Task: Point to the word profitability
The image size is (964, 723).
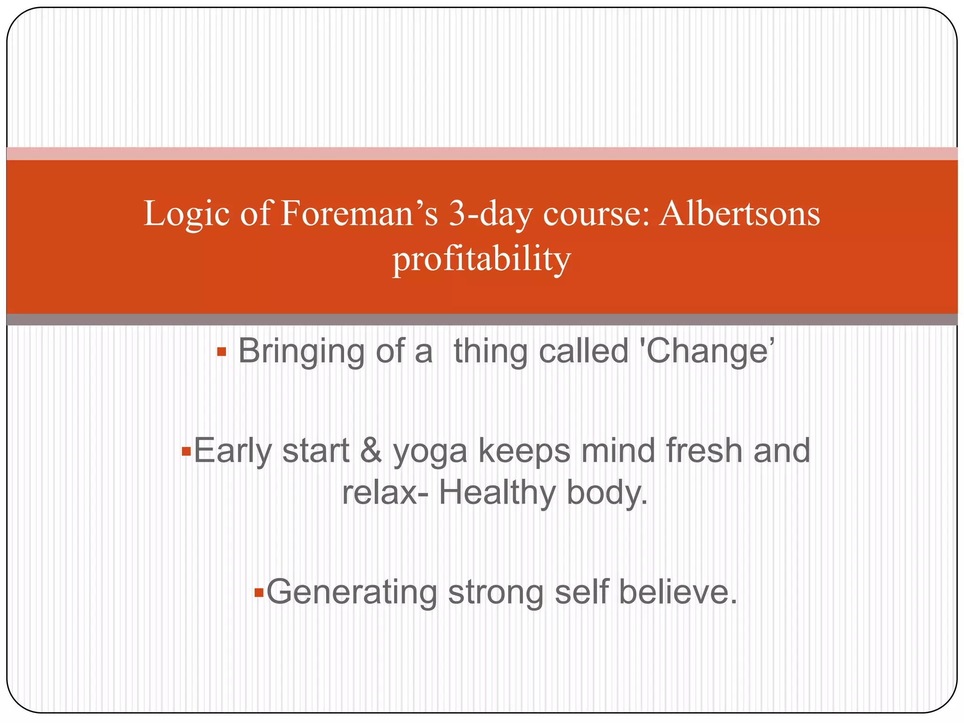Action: [x=482, y=259]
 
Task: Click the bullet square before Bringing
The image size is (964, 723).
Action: [x=222, y=352]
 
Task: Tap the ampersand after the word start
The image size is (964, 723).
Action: [x=371, y=451]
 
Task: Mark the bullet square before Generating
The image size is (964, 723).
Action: [x=258, y=592]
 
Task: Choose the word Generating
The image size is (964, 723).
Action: [x=352, y=592]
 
